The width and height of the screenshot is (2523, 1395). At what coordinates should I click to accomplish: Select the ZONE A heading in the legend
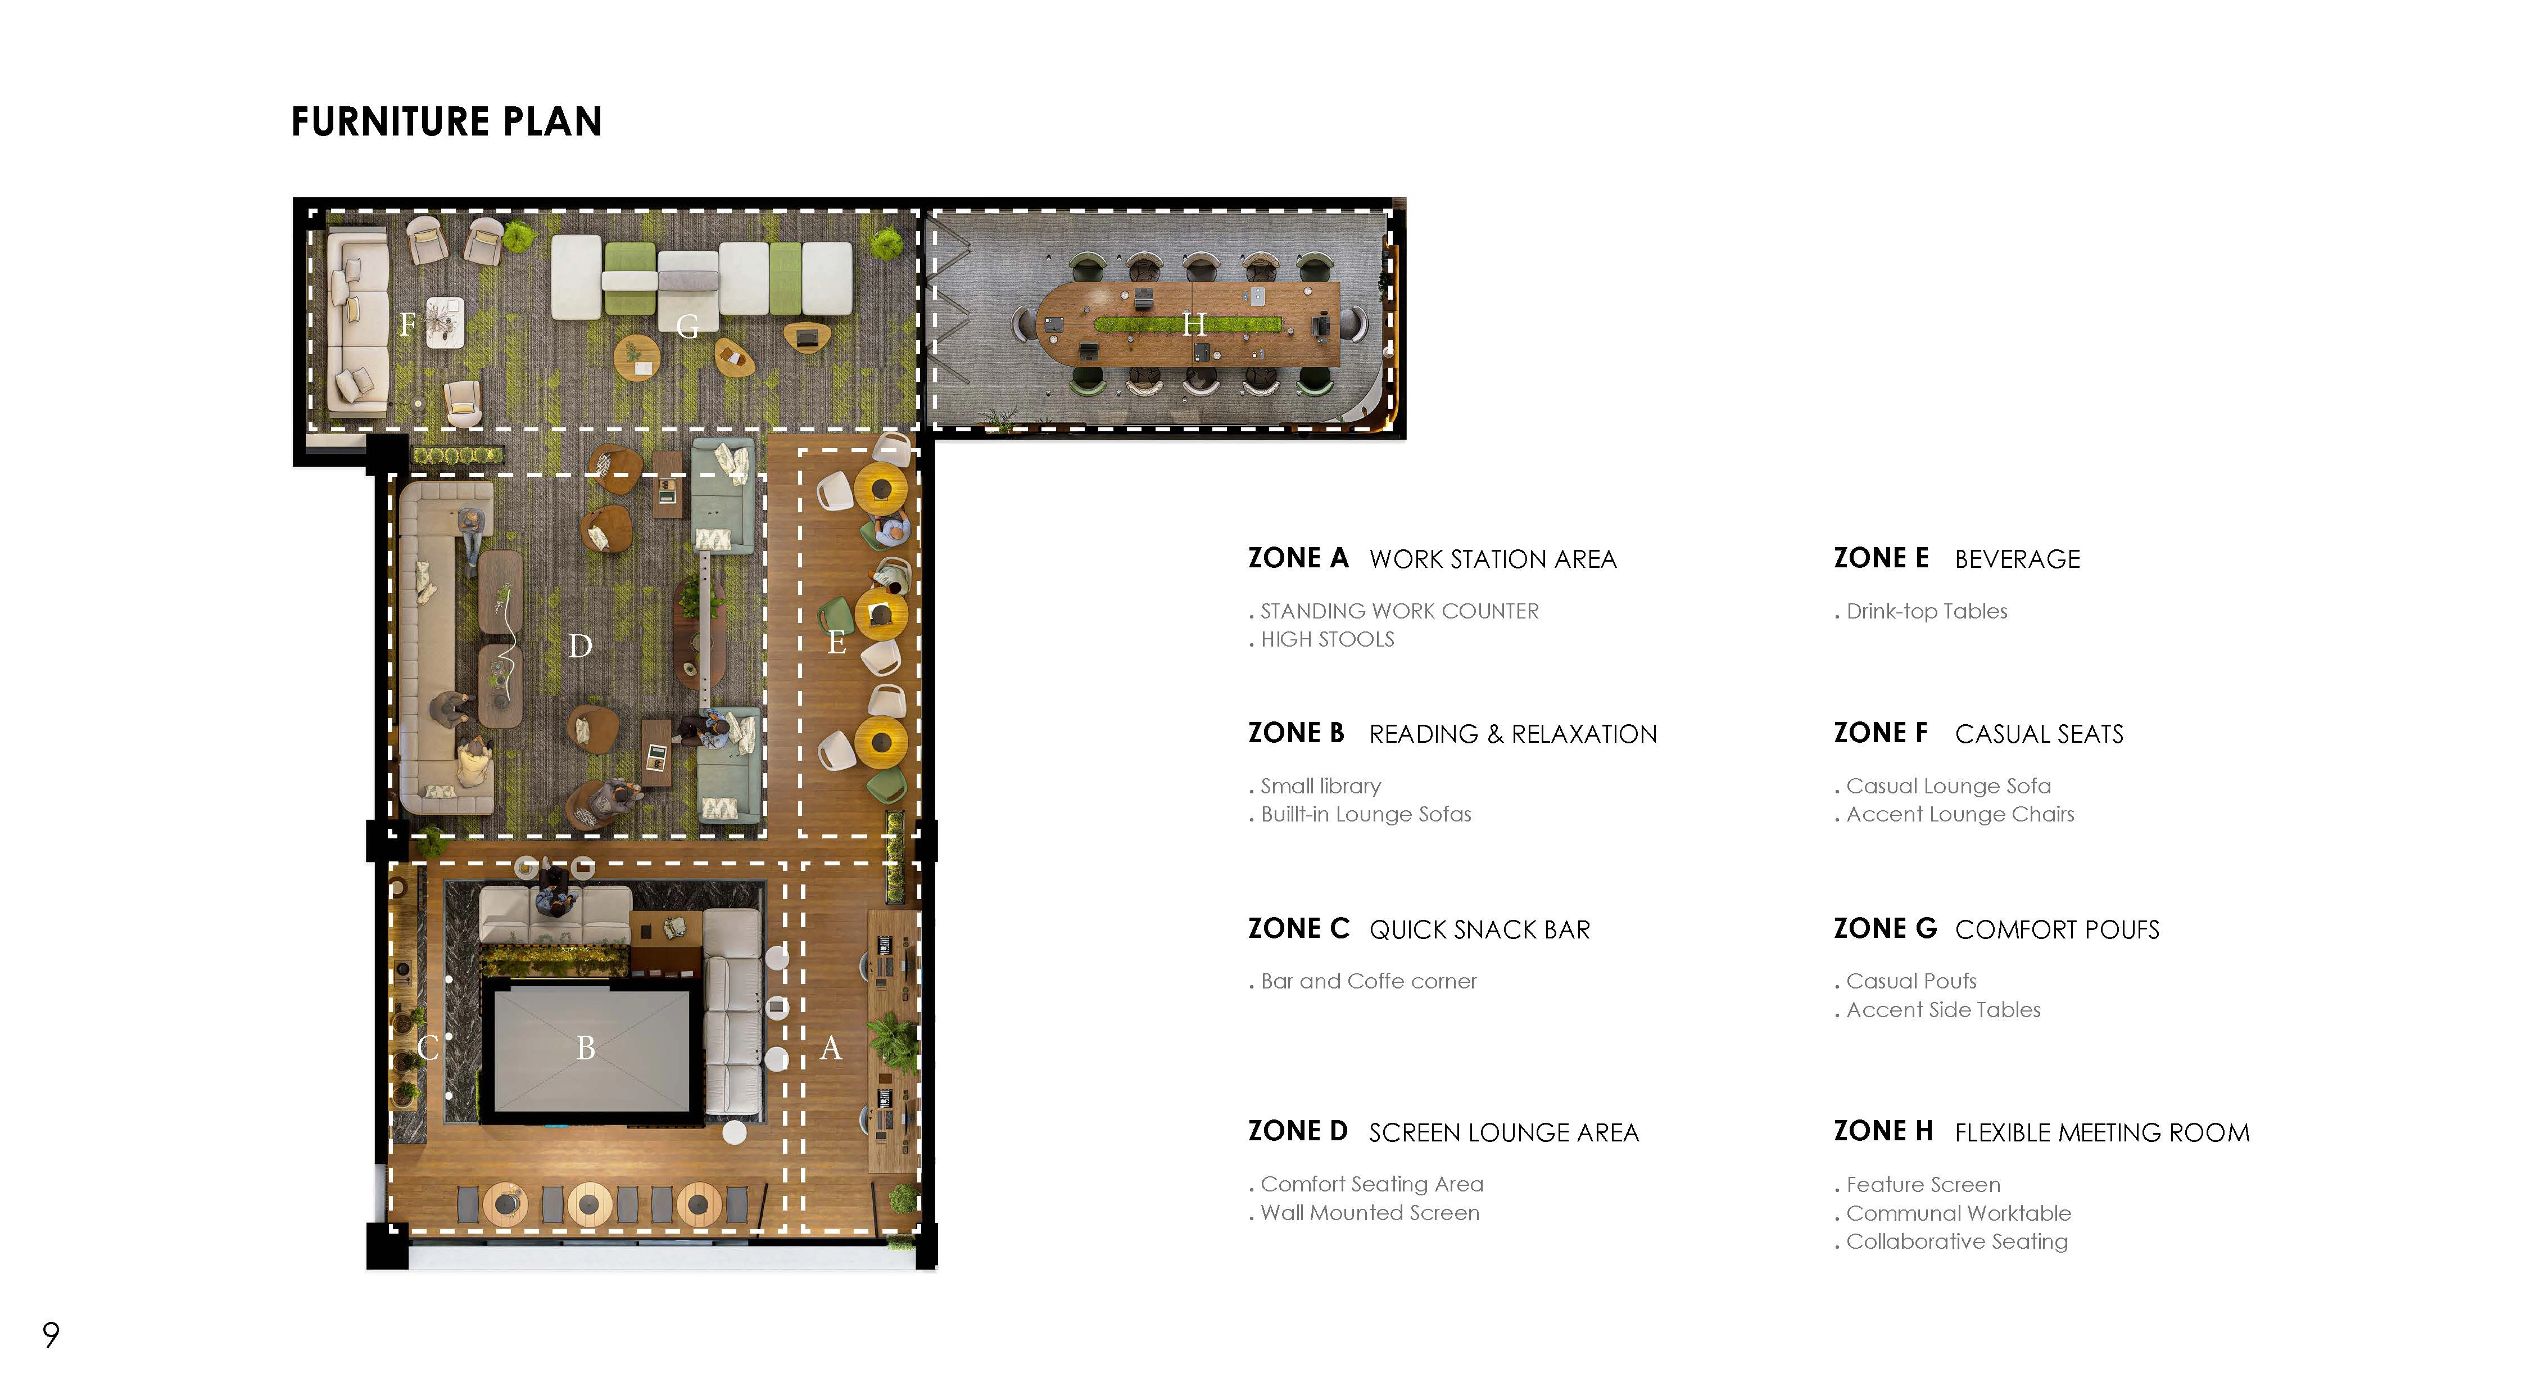(1298, 558)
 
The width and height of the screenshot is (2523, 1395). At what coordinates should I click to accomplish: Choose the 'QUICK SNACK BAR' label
(1479, 929)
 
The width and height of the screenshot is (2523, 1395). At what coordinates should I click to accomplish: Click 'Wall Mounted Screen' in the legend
(1369, 1213)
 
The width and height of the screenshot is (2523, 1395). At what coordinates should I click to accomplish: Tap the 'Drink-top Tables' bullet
(1926, 611)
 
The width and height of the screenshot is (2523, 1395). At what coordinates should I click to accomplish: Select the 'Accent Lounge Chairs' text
(1959, 814)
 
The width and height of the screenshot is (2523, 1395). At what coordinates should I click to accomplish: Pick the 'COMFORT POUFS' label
(2057, 929)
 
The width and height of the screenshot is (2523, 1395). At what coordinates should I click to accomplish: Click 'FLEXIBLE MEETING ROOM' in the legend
(2102, 1132)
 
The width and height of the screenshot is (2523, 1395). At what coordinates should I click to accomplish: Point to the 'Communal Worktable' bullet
(1958, 1213)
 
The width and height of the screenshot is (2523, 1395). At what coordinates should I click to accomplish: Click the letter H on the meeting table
(1193, 324)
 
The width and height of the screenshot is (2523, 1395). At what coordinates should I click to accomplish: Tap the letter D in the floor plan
(580, 647)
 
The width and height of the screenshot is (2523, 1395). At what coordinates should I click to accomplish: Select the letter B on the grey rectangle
(586, 1048)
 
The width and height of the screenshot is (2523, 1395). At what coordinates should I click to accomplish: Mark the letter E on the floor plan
(836, 643)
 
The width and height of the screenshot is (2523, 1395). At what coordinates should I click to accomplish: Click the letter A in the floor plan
(831, 1048)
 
